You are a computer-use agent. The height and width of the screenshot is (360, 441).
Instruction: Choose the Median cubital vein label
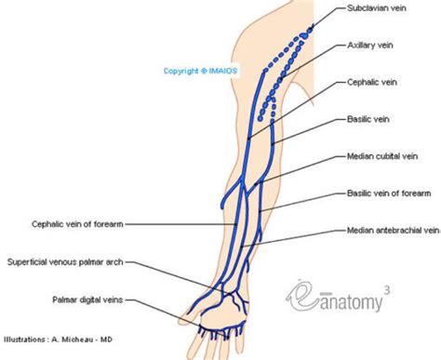click(x=381, y=156)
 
